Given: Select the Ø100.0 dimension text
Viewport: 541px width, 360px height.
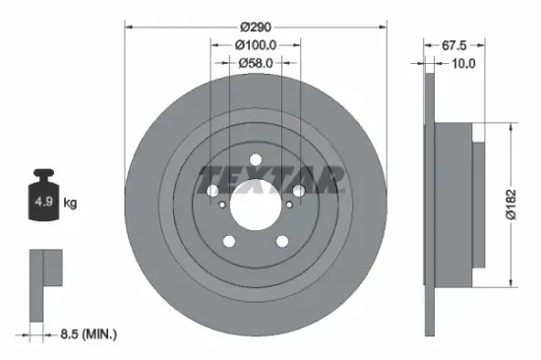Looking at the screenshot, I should click(256, 44).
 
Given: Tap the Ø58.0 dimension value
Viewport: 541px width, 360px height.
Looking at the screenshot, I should click(256, 63).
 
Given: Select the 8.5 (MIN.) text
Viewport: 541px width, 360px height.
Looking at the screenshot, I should click(84, 335).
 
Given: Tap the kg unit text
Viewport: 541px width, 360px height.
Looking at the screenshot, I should click(70, 204).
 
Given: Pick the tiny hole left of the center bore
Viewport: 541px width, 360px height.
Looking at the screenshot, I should click(225, 205).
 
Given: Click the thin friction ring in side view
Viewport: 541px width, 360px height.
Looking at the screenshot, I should click(430, 204).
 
